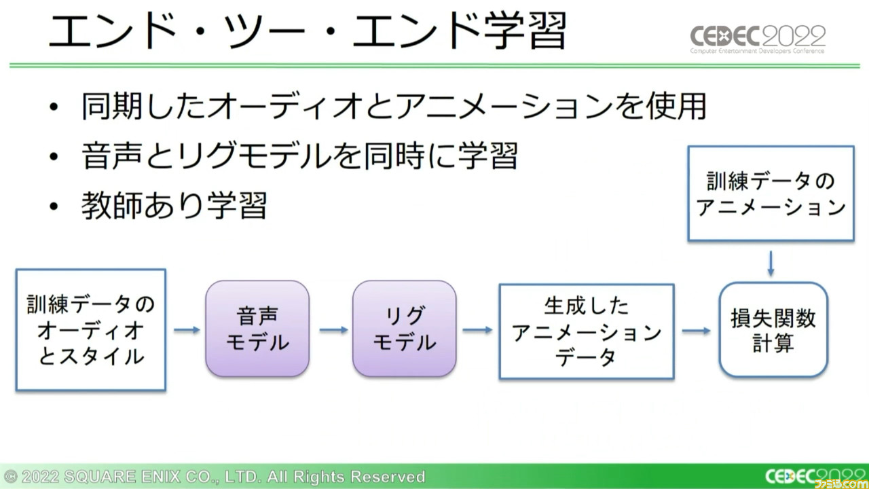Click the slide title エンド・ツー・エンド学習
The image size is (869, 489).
click(x=308, y=31)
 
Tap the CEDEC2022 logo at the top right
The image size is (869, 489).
click(x=758, y=39)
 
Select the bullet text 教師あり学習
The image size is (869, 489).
click(x=174, y=205)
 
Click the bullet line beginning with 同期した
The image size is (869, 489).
click(x=393, y=106)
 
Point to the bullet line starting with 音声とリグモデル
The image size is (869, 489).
click(x=299, y=156)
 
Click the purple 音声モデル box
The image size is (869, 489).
click(x=257, y=329)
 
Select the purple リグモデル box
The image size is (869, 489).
click(x=404, y=329)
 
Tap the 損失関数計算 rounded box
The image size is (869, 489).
click(x=773, y=329)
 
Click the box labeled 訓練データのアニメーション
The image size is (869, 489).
click(x=771, y=194)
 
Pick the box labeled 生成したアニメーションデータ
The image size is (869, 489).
click(x=587, y=331)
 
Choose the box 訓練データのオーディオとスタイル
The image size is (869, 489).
click(x=91, y=329)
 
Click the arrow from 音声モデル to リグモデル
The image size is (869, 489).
click(x=333, y=330)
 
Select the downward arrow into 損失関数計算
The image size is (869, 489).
click(x=771, y=264)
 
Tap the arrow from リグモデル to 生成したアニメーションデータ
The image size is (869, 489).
click(x=477, y=330)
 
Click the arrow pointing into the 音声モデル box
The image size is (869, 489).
click(x=187, y=330)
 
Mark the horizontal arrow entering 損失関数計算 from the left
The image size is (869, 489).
click(x=697, y=331)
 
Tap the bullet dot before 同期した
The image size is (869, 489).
click(x=54, y=107)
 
